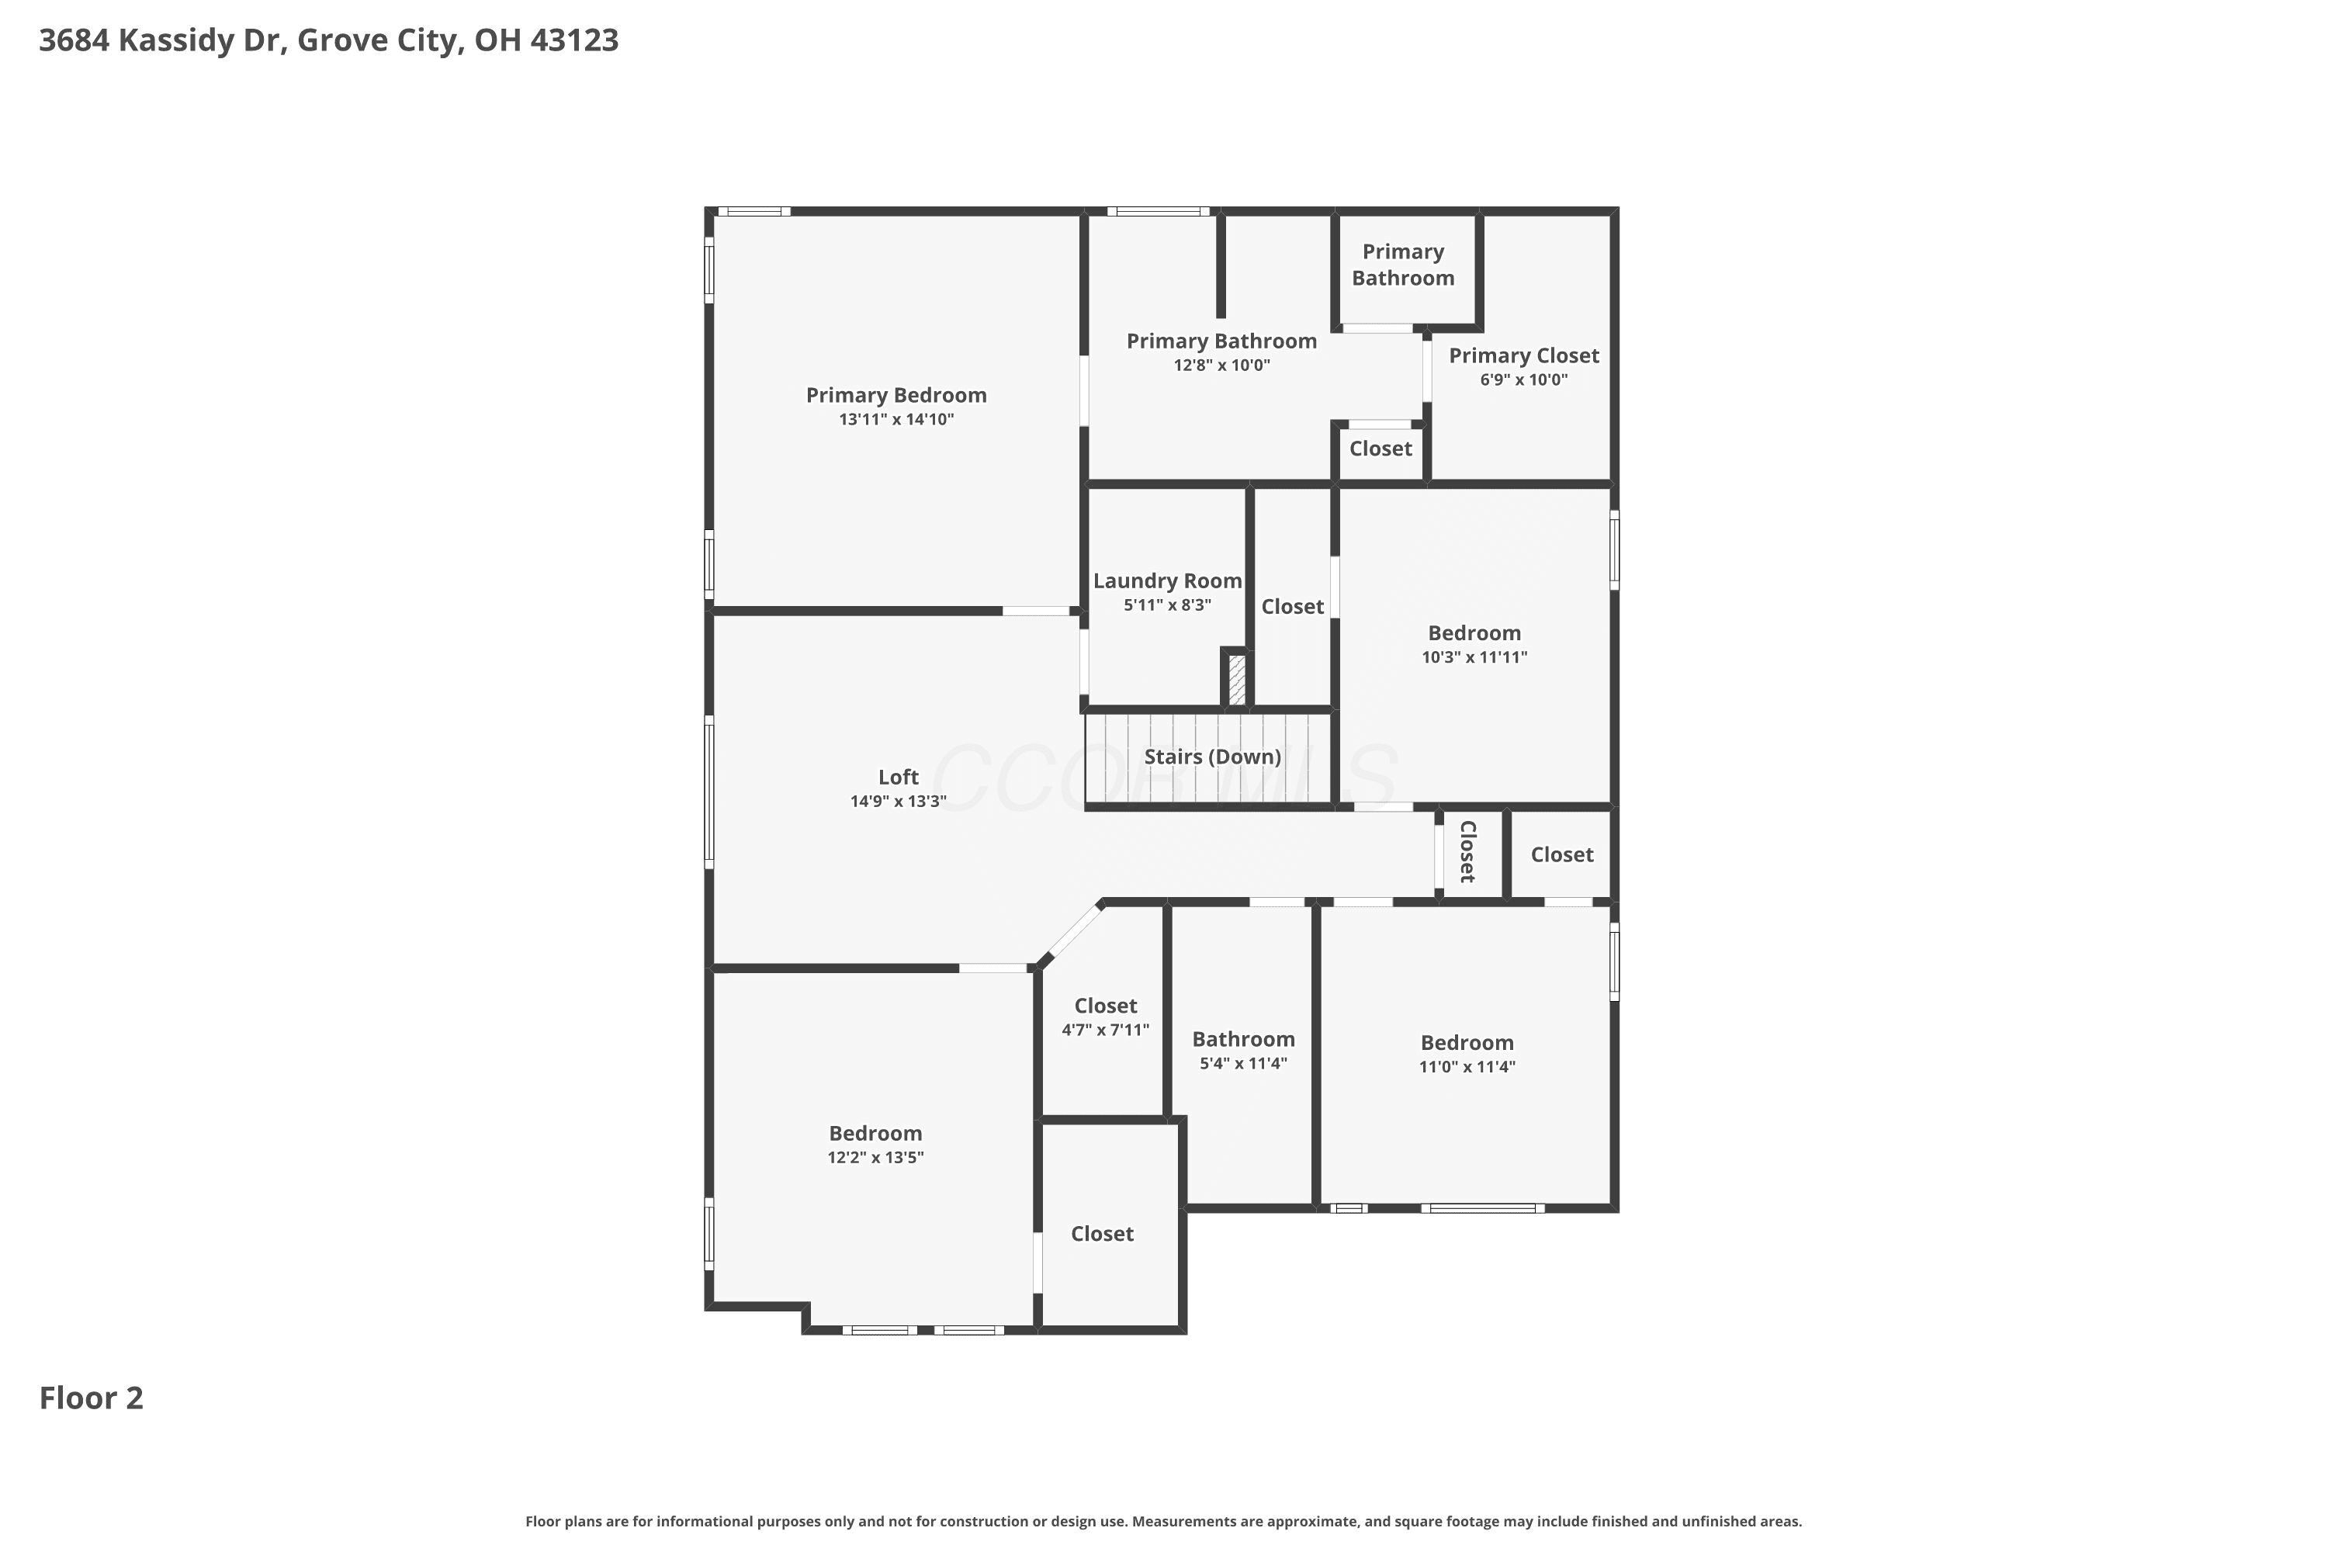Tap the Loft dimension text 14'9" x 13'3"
(898, 801)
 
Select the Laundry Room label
(1167, 582)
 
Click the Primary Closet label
(1523, 356)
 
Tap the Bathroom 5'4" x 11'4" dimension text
(1243, 1064)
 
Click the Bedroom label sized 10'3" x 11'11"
(1474, 633)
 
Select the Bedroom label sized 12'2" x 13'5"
(875, 1133)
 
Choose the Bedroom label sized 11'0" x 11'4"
(1467, 1042)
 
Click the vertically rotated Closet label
(1468, 851)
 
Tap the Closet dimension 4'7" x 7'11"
(1106, 1031)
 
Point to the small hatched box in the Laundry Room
(1236, 680)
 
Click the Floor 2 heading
(91, 1398)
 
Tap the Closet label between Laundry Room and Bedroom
(1292, 607)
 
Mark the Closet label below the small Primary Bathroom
(1381, 449)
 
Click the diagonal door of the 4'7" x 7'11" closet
(1074, 931)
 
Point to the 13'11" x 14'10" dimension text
(896, 420)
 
